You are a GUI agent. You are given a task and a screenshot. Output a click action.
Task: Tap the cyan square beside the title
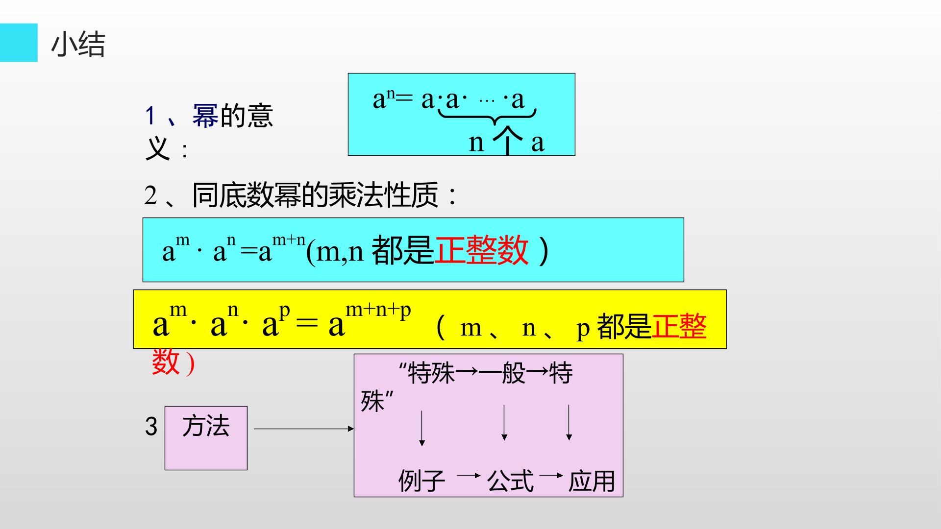19,43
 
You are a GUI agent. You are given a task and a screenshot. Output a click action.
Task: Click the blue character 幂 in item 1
205,116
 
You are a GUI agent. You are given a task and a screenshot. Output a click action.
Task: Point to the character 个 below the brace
508,141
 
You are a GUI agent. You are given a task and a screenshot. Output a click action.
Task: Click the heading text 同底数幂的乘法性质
315,195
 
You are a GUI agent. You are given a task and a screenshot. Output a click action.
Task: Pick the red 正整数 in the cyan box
482,250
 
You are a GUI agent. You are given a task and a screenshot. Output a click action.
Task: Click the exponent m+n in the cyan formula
289,240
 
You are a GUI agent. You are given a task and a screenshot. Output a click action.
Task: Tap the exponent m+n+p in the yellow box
378,311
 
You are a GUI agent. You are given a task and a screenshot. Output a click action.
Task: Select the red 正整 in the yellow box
679,326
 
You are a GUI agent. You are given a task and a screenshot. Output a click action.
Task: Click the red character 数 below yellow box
166,362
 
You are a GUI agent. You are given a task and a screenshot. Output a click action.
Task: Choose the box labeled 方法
206,438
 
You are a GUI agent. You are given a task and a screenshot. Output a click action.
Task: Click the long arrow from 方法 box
304,429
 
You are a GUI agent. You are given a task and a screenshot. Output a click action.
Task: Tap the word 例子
421,481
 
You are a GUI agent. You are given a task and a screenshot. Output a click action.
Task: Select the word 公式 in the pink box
510,481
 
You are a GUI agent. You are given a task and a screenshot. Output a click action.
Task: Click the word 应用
591,481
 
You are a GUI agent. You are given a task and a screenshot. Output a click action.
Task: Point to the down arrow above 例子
422,428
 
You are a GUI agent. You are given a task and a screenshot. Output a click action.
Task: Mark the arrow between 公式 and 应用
551,475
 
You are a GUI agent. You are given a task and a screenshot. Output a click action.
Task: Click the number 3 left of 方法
151,426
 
